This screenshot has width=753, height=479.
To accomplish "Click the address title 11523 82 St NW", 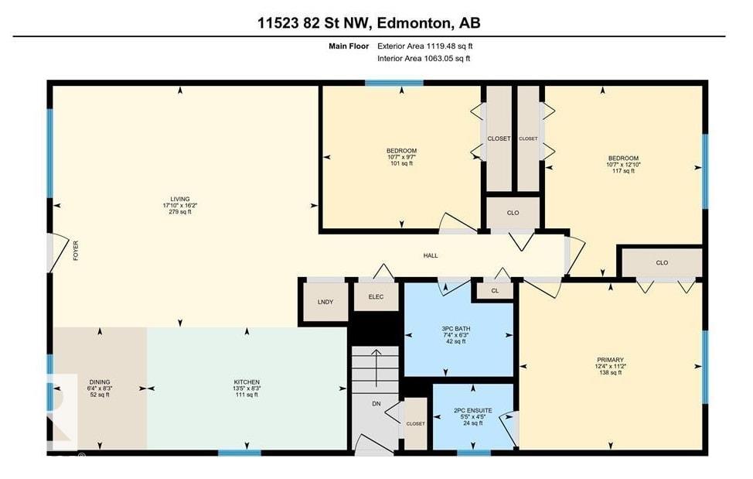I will click(x=369, y=23).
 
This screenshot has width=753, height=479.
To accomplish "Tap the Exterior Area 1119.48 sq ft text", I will click(x=424, y=46).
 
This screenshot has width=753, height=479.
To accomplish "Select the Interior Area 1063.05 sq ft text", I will click(x=424, y=58).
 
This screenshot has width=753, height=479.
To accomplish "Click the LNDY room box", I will click(x=325, y=301).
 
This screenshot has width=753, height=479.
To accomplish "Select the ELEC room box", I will click(x=375, y=296).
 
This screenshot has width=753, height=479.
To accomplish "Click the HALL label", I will click(x=431, y=255).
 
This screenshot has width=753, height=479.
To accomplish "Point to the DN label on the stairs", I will click(x=376, y=402).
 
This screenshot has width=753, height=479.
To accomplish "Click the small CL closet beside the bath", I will click(x=495, y=291).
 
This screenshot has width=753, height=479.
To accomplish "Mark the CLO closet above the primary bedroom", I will click(x=661, y=262).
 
